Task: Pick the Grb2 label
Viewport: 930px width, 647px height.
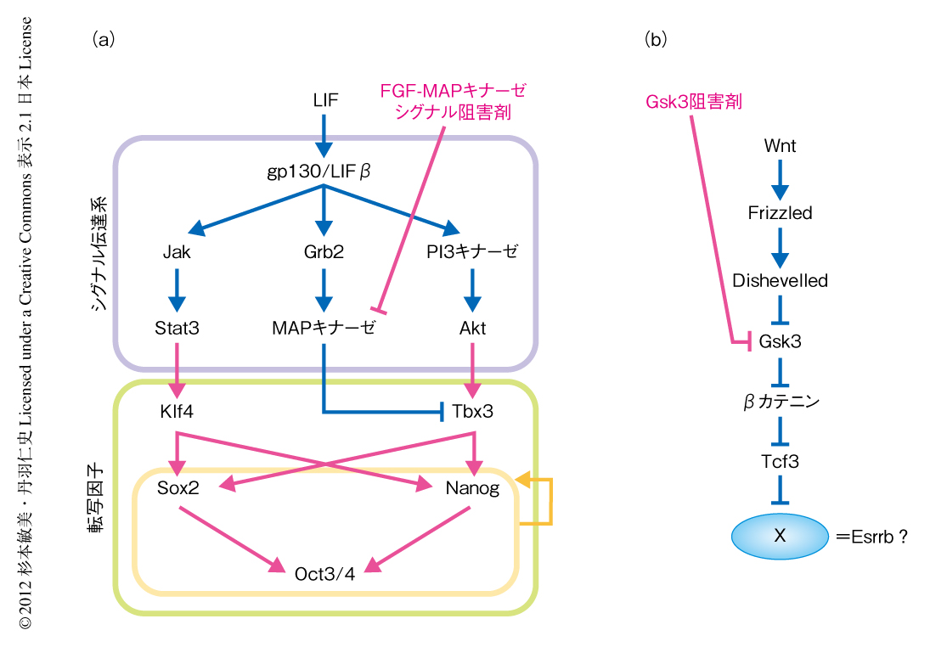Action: point(323,252)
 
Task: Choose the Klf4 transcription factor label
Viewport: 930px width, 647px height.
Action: point(177,412)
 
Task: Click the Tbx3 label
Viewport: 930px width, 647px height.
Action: point(473,412)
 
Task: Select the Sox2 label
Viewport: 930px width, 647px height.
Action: point(178,488)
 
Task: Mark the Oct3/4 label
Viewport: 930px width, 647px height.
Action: point(324,571)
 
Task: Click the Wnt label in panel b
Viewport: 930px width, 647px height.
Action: point(780,146)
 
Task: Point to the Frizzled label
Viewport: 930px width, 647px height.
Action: point(780,212)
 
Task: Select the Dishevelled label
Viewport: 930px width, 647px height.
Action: point(780,279)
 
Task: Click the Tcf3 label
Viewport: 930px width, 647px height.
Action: point(780,461)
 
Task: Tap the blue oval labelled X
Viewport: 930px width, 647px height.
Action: point(780,536)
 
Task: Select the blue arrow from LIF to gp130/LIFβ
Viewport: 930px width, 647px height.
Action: point(324,132)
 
